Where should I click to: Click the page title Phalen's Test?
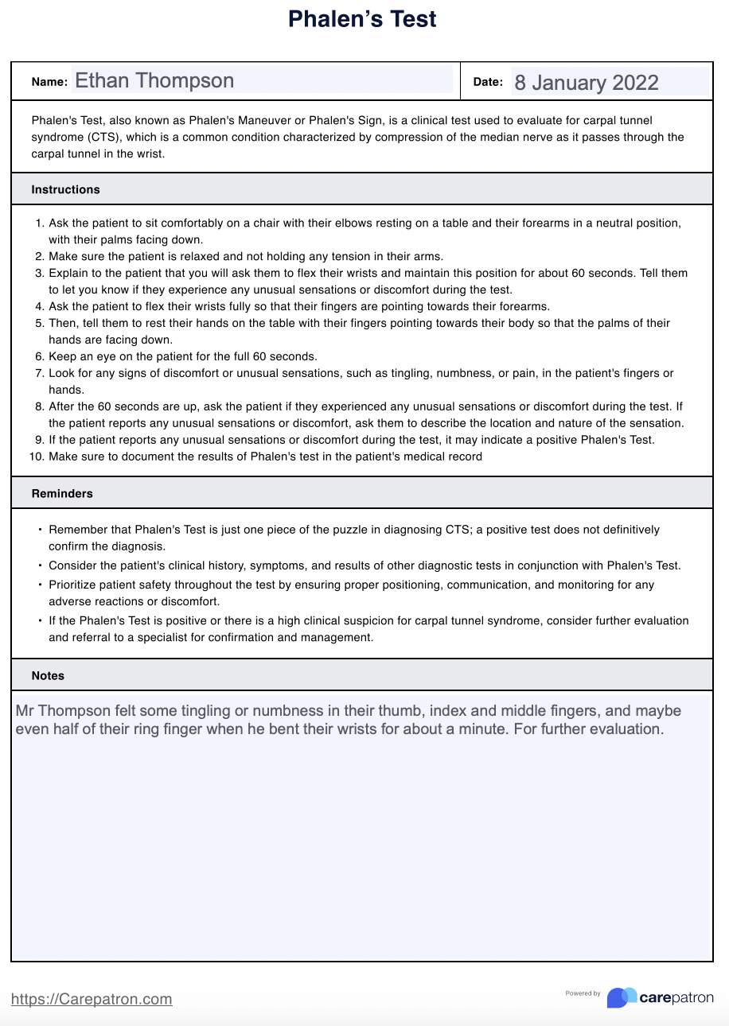click(362, 19)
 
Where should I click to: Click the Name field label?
click(49, 82)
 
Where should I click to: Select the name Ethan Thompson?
click(154, 80)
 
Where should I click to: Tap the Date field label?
click(488, 82)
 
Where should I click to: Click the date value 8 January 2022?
click(587, 83)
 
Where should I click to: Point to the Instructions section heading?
click(66, 189)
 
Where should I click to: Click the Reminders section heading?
click(62, 493)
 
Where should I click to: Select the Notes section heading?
click(48, 675)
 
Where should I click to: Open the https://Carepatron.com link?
click(92, 999)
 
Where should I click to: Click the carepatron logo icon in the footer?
click(622, 997)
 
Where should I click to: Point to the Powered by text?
click(583, 993)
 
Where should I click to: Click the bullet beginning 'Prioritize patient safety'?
click(41, 585)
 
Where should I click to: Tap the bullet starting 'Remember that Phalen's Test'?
click(41, 529)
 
